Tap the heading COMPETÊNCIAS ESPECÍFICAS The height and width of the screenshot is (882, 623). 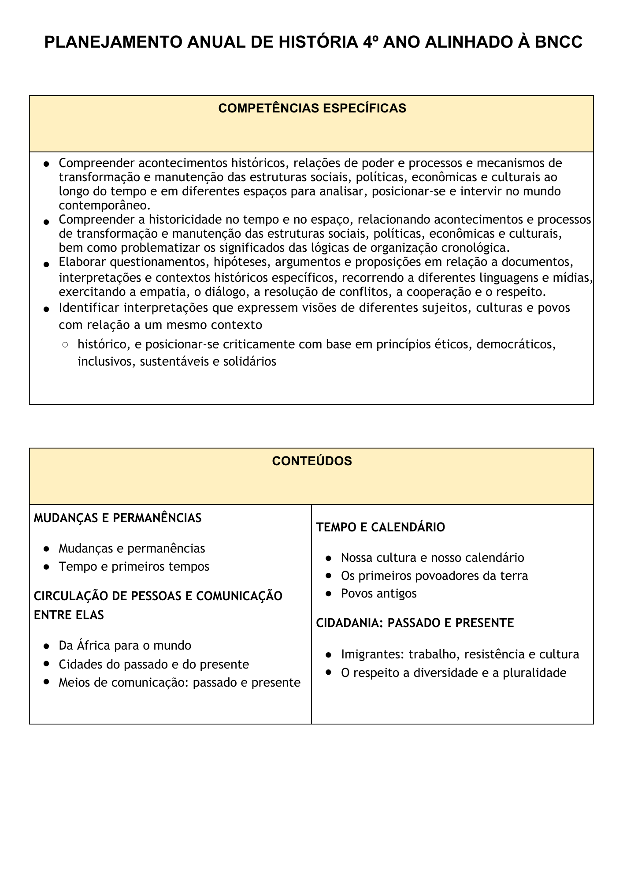tap(312, 108)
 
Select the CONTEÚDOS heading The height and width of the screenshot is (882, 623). tap(312, 461)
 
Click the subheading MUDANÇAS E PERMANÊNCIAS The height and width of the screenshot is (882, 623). tap(118, 518)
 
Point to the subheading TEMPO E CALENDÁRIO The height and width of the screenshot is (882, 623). tap(381, 527)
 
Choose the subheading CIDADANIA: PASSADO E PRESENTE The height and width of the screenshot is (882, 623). tap(415, 623)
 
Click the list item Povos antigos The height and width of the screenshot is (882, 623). tap(378, 594)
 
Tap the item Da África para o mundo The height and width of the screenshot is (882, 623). tap(125, 646)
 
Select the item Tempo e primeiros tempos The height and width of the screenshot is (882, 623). tap(134, 566)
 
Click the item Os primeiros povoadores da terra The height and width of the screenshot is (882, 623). tap(434, 576)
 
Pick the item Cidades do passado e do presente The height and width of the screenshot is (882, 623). tap(154, 664)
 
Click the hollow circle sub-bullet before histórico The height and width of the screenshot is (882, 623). tap(65, 345)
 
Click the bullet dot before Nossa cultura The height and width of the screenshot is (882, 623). tap(328, 558)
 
